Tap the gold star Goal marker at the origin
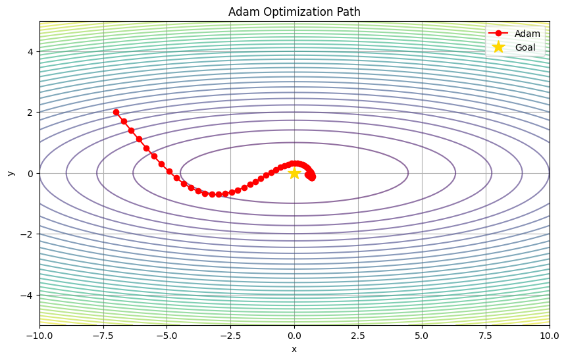(x=294, y=173)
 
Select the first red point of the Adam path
(x=116, y=113)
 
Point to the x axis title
(x=294, y=349)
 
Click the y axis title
(x=11, y=173)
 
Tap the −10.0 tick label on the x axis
(x=39, y=335)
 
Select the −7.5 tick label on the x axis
(x=103, y=335)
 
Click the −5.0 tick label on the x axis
(x=167, y=335)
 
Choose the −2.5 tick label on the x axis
(x=230, y=335)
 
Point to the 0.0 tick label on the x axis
(x=294, y=335)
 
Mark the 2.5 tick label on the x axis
(x=358, y=335)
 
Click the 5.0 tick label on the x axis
(x=422, y=335)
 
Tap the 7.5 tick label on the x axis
(x=486, y=335)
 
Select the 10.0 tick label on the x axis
(x=549, y=335)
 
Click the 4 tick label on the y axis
(x=30, y=52)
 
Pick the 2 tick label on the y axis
(x=30, y=113)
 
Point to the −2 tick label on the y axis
(x=28, y=234)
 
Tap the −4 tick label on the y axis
(x=28, y=294)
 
